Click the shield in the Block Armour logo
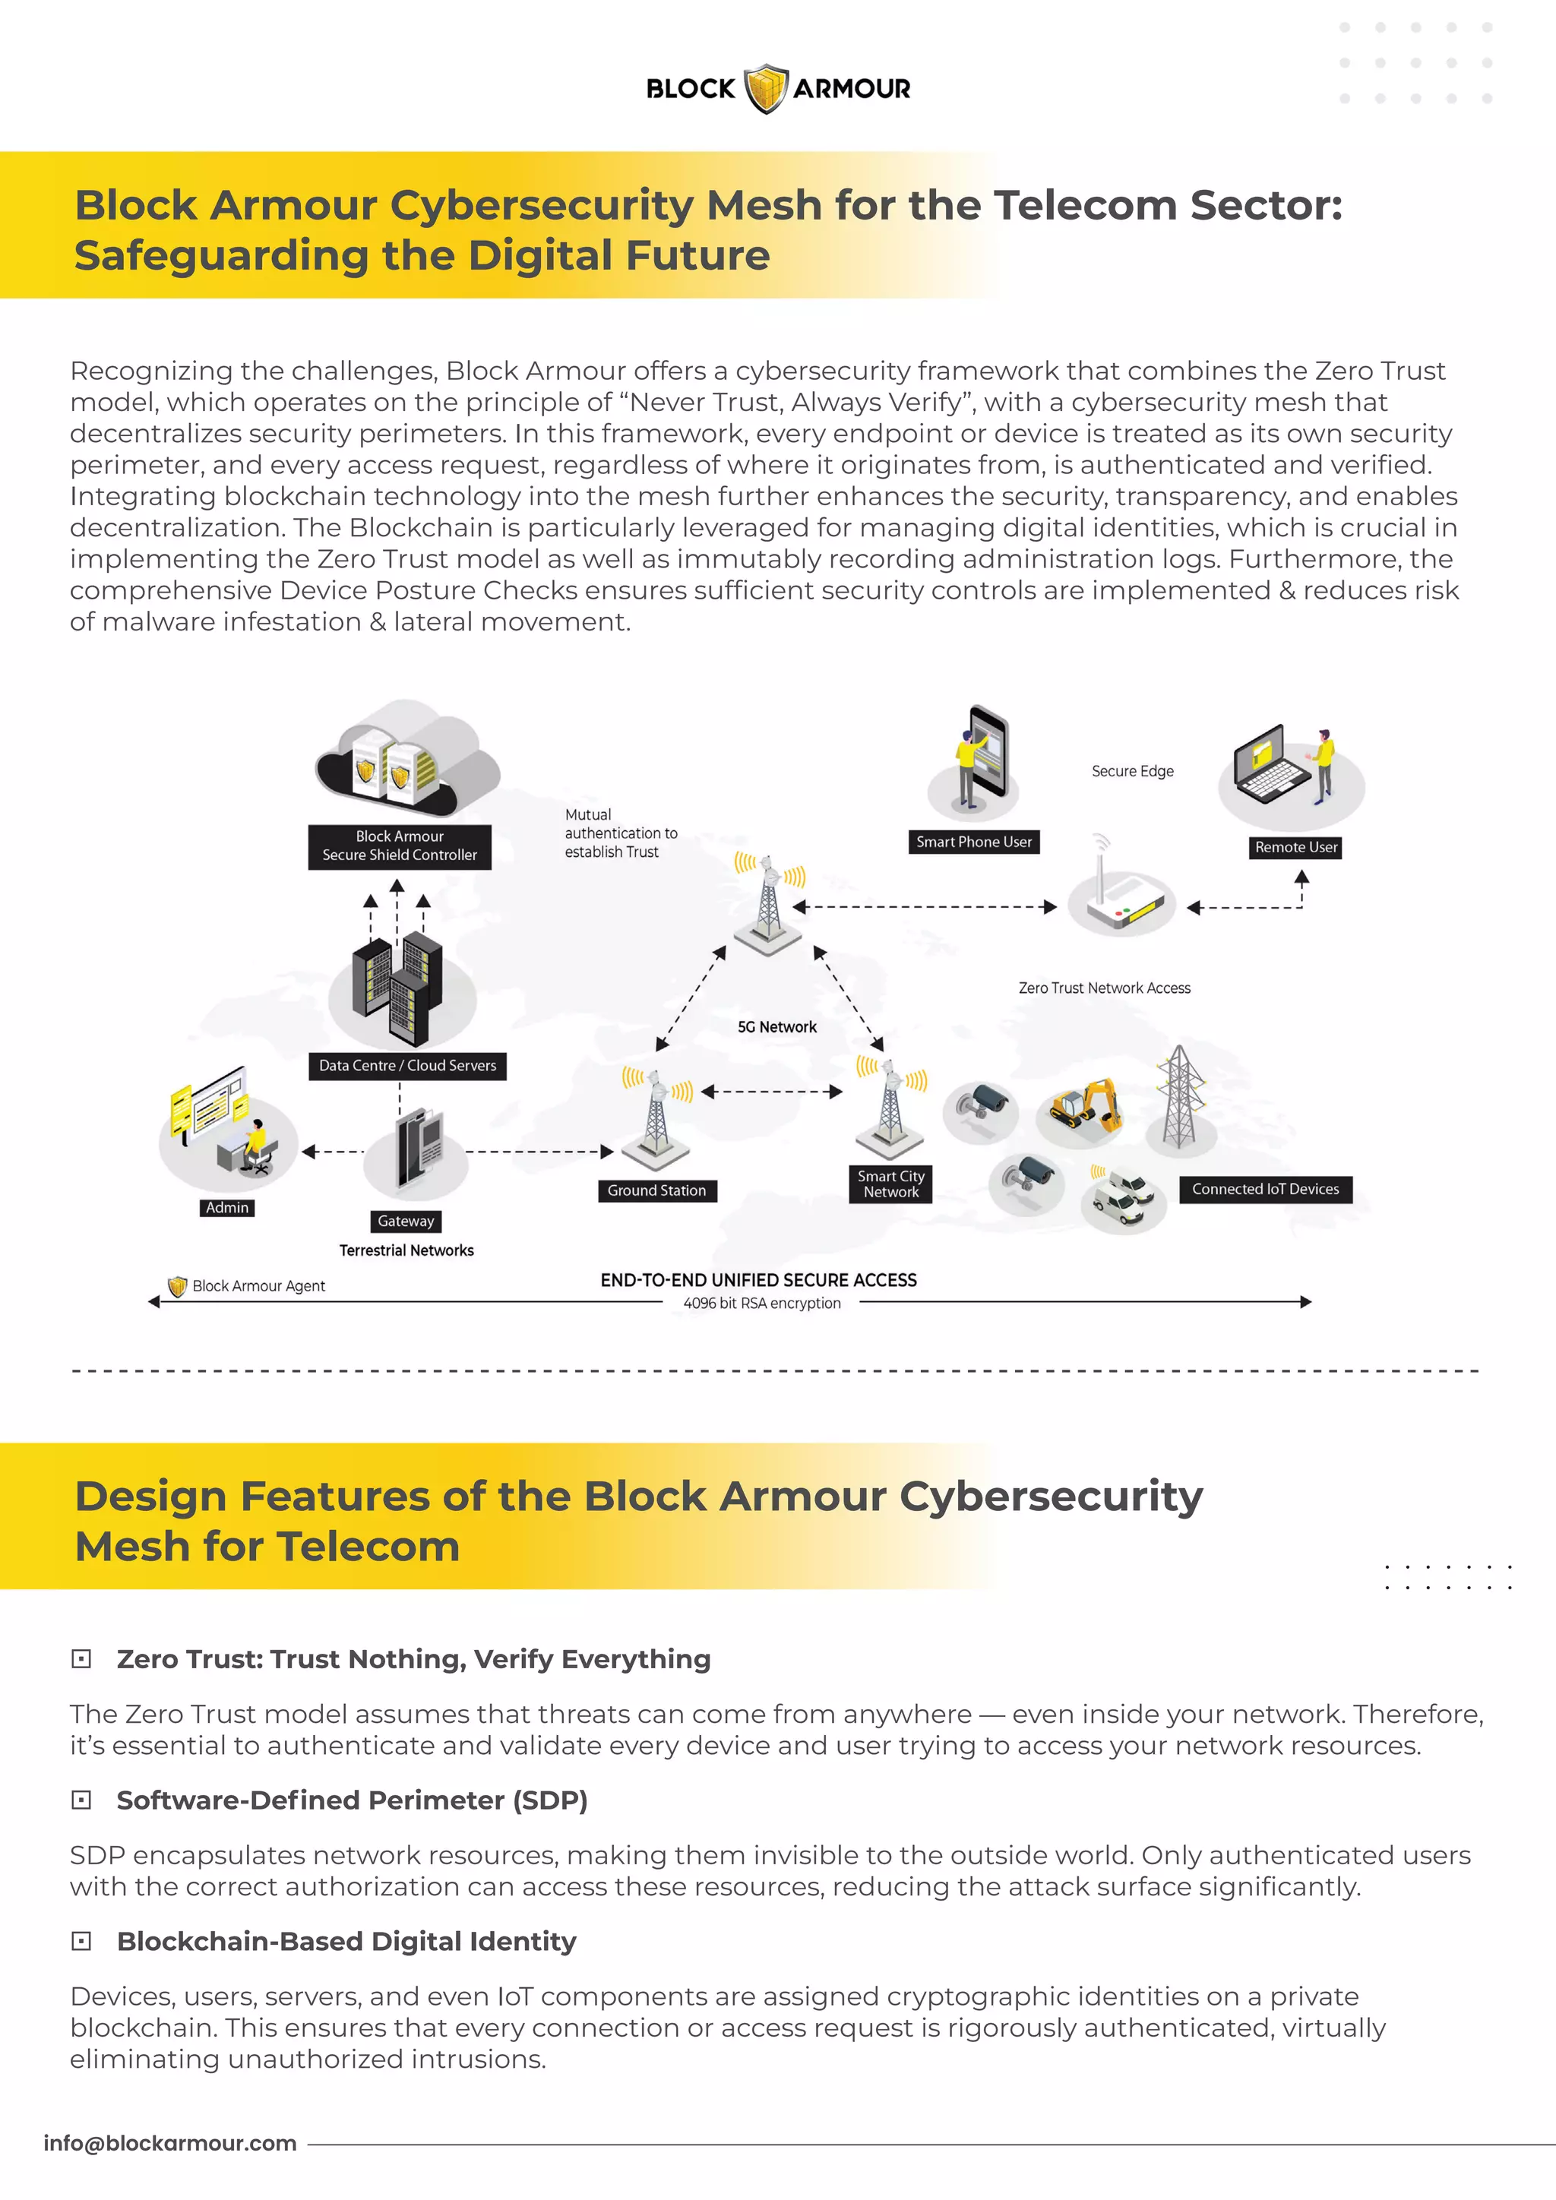[766, 89]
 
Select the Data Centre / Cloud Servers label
[407, 1066]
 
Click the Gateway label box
[406, 1221]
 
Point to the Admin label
[227, 1207]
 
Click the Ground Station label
[656, 1190]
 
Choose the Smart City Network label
[891, 1184]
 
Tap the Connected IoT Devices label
[1265, 1189]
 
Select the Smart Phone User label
[973, 842]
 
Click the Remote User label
[1295, 847]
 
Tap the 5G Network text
[777, 1027]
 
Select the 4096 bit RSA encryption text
[762, 1303]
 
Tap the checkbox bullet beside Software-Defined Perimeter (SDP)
[81, 1800]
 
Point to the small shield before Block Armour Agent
[177, 1286]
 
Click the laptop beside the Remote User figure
[1269, 767]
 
